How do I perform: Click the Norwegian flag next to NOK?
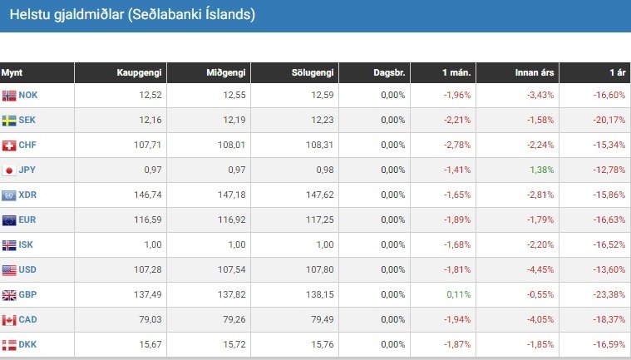click(x=9, y=96)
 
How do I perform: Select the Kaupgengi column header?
click(x=139, y=73)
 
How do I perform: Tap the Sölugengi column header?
click(x=313, y=73)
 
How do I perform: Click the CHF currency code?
click(x=28, y=145)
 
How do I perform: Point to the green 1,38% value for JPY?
click(x=541, y=170)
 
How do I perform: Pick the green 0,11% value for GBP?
click(x=458, y=295)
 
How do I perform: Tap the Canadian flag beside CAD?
click(x=9, y=320)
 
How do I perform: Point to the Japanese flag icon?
click(x=9, y=170)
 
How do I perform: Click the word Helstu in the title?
click(x=27, y=15)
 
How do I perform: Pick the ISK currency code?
click(x=27, y=245)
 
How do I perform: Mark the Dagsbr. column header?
click(x=389, y=73)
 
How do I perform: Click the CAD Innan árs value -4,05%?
click(x=540, y=320)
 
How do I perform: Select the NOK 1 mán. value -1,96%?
click(x=456, y=96)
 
